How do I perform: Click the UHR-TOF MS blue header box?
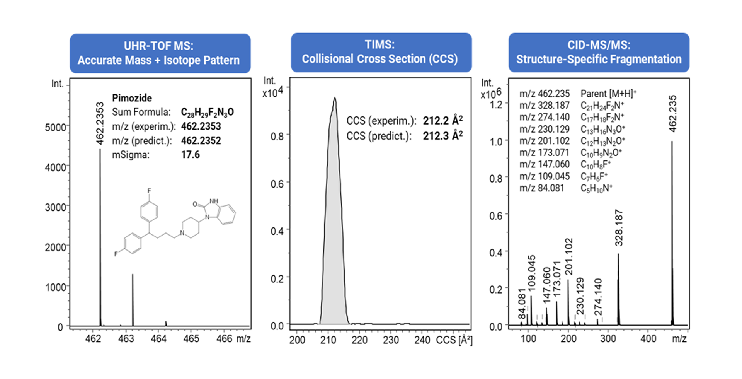160,53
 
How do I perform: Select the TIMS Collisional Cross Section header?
381,53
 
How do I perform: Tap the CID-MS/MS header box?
599,53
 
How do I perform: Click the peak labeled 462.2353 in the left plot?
100,232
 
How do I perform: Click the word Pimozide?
132,98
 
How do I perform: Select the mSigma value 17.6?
191,155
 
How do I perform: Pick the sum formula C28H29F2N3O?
207,112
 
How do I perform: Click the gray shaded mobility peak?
334,232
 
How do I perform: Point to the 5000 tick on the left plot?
55,127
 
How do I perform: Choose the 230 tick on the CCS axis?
391,340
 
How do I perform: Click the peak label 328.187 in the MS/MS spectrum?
619,228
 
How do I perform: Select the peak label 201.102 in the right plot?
568,256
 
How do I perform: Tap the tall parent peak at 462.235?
672,232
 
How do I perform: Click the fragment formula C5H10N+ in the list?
596,188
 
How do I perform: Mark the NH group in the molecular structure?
214,201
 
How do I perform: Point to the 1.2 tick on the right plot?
496,105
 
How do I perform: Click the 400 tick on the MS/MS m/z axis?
648,339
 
